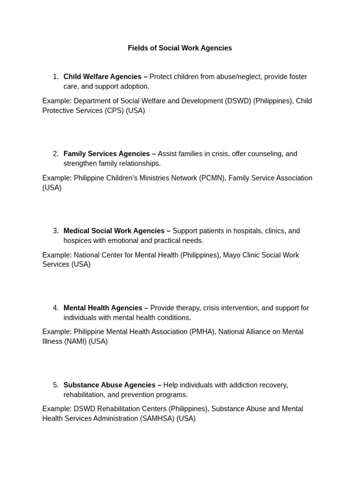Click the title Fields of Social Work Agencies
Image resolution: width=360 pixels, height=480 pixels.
(180, 48)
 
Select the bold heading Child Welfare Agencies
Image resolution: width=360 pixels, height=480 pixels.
(102, 76)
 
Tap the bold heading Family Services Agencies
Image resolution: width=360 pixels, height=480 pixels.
(106, 154)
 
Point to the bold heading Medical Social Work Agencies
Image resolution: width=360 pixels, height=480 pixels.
(113, 231)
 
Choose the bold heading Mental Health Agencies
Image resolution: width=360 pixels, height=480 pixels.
(102, 308)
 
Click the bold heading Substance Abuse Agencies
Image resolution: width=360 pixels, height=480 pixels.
(109, 385)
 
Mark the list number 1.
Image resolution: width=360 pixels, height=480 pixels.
(55, 76)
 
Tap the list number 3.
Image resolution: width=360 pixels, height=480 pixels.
(55, 231)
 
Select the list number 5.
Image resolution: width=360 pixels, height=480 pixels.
(55, 385)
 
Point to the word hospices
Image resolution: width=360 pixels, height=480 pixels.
(78, 240)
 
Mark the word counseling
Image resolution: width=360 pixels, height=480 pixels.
(265, 154)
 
